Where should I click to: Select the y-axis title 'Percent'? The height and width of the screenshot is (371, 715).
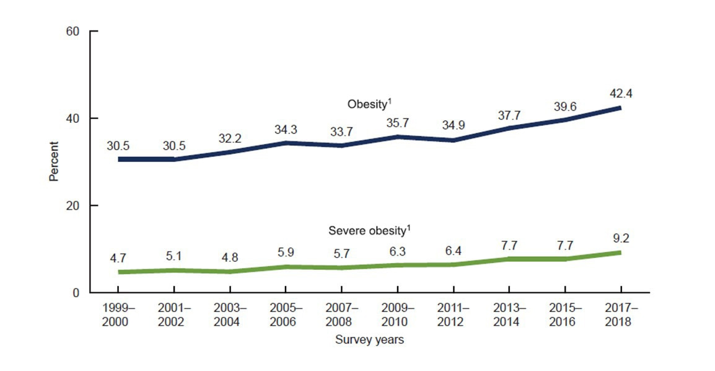54,161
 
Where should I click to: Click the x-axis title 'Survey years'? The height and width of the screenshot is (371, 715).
369,340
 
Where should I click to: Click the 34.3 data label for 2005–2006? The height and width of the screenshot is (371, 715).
285,130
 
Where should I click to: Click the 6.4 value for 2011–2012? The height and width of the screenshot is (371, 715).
452,251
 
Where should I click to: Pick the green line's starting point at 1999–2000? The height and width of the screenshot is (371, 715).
119,272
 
